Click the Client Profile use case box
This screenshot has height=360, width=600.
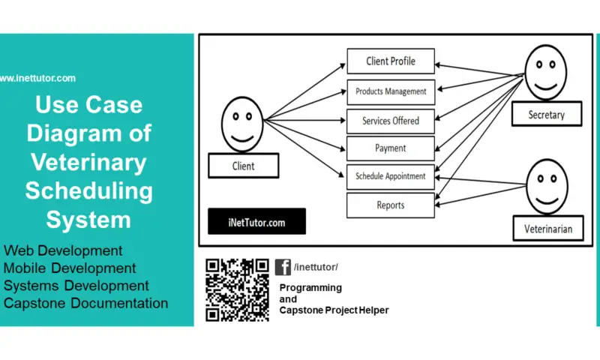pyautogui.click(x=390, y=61)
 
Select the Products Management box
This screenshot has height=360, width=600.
pyautogui.click(x=390, y=91)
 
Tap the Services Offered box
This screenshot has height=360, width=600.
pyautogui.click(x=390, y=120)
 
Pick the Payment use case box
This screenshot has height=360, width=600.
pyautogui.click(x=390, y=148)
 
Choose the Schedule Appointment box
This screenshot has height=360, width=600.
pyautogui.click(x=390, y=176)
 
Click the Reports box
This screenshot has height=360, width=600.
pyautogui.click(x=390, y=205)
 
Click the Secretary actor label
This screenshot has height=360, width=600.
pyautogui.click(x=545, y=115)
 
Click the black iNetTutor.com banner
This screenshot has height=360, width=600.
pyautogui.click(x=256, y=223)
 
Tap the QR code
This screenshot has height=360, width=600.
pyautogui.click(x=237, y=289)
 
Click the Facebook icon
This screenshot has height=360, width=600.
pyautogui.click(x=283, y=267)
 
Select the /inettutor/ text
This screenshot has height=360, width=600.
pyautogui.click(x=316, y=268)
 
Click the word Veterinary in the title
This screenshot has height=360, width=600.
pyautogui.click(x=88, y=162)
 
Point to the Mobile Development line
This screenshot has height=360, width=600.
pyautogui.click(x=70, y=268)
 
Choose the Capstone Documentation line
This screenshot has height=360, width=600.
pyautogui.click(x=85, y=303)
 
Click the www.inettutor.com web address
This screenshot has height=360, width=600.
pyautogui.click(x=37, y=78)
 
